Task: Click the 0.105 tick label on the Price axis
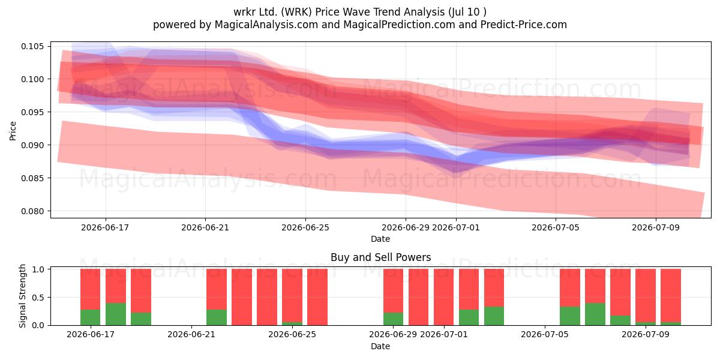[x=32, y=46]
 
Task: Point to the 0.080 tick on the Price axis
[x=32, y=211]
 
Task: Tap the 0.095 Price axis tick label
[x=32, y=112]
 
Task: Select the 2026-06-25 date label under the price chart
[x=305, y=227]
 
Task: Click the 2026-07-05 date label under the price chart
[x=556, y=227]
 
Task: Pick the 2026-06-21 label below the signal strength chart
[x=191, y=334]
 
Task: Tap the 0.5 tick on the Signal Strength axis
[x=38, y=298]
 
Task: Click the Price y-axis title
[x=13, y=131]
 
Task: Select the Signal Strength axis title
[x=22, y=296]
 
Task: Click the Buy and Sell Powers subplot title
[x=380, y=257]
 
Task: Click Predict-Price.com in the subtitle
[x=524, y=25]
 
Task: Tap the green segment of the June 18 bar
[x=116, y=314]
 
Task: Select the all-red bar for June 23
[x=242, y=297]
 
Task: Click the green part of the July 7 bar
[x=595, y=314]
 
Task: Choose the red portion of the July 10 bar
[x=671, y=295]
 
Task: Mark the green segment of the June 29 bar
[x=393, y=319]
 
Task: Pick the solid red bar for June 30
[x=419, y=297]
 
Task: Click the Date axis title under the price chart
[x=380, y=239]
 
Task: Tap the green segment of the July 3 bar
[x=494, y=316]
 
